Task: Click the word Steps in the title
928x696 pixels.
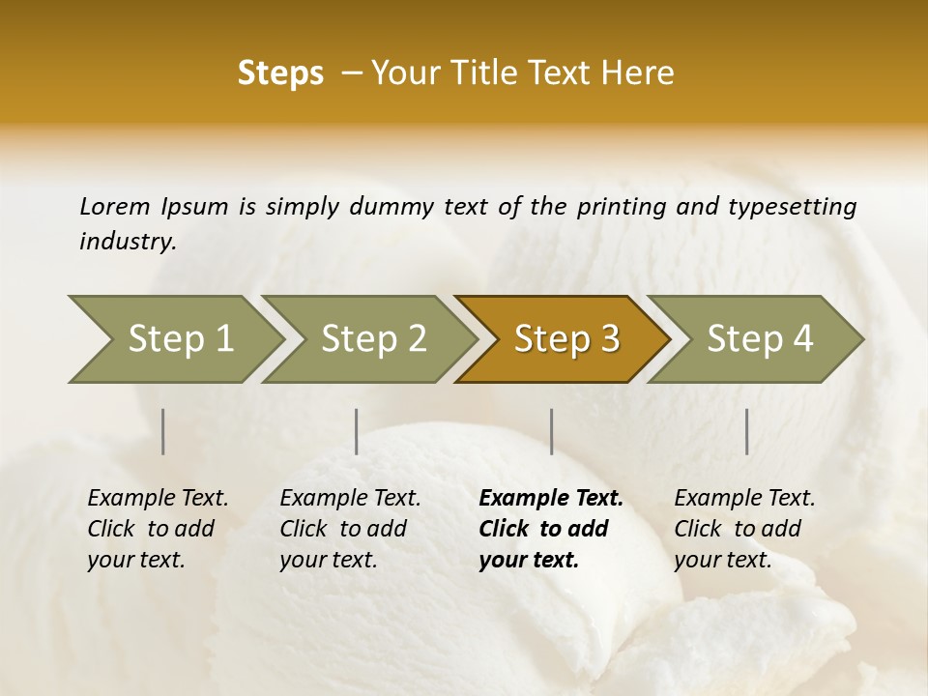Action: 280,73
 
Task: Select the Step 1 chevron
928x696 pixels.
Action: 174,338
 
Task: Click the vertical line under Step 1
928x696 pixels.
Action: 163,431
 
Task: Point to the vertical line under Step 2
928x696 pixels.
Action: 357,431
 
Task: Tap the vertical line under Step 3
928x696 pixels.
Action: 551,431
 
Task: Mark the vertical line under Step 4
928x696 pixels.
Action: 746,431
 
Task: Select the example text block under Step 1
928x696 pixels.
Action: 158,528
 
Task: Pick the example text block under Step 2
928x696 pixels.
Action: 350,528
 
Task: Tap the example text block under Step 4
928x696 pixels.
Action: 744,528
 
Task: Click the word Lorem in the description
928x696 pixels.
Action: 115,206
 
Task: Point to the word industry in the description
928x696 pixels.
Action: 128,241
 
